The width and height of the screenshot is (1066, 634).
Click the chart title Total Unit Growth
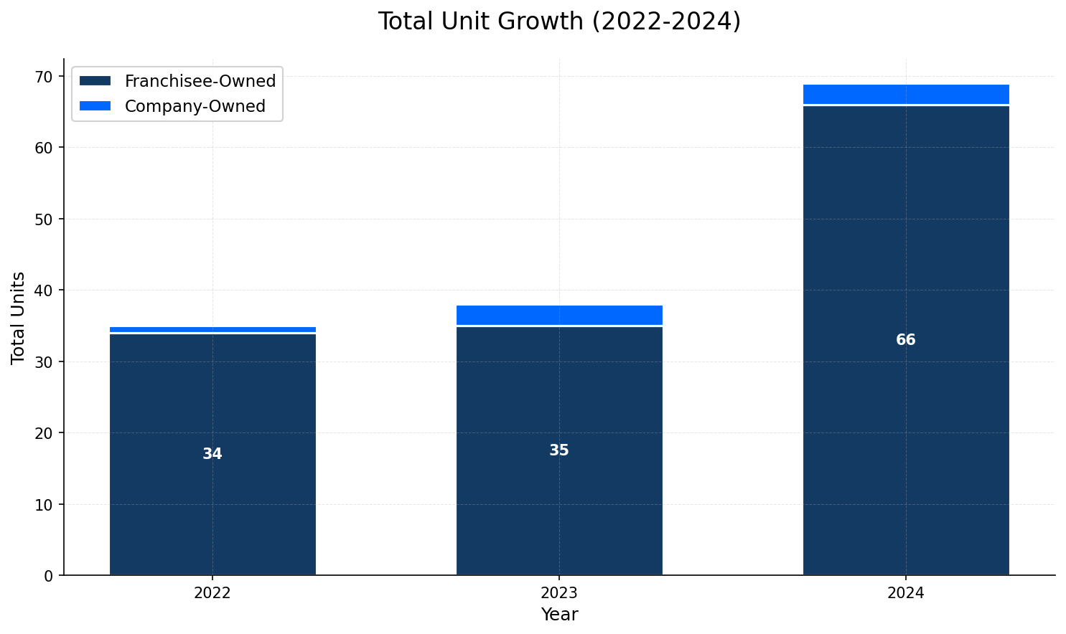click(x=559, y=22)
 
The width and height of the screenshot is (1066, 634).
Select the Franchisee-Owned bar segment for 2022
click(x=212, y=502)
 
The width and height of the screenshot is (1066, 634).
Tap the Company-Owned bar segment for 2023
click(x=559, y=316)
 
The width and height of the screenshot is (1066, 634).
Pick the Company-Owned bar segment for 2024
click(x=906, y=95)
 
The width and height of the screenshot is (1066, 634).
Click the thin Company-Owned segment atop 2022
click(x=212, y=329)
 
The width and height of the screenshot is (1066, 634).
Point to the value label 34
click(x=212, y=454)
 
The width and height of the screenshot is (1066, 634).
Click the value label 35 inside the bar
click(x=559, y=450)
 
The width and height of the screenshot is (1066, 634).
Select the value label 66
click(x=906, y=340)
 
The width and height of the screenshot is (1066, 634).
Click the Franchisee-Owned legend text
click(x=200, y=82)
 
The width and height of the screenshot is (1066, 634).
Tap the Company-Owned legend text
click(x=195, y=106)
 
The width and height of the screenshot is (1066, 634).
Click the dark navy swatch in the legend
click(x=95, y=82)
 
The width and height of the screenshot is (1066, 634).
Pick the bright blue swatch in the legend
click(x=95, y=106)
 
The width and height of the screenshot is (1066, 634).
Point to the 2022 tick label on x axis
click(x=212, y=593)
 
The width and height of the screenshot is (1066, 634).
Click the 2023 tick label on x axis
click(x=559, y=593)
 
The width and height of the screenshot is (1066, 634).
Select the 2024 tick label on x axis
click(x=906, y=593)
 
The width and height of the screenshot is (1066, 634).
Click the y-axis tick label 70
click(x=44, y=77)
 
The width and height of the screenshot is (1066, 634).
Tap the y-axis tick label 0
click(x=48, y=576)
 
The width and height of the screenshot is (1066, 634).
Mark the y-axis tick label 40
click(x=44, y=290)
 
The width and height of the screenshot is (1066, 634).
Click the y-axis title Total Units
click(x=19, y=318)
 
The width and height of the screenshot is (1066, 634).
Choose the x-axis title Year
click(x=559, y=615)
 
